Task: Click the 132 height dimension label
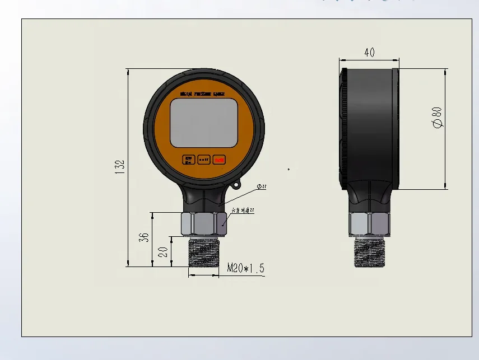pos(119,167)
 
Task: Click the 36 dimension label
pos(143,237)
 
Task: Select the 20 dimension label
pos(163,251)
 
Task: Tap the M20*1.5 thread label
pos(245,269)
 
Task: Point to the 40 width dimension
pos(369,52)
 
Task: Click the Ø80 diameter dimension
pos(438,118)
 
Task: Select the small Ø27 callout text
pos(262,186)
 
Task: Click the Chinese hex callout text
pos(243,211)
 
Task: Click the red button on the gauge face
pos(220,160)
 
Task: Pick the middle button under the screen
pos(204,160)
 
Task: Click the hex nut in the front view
pos(203,224)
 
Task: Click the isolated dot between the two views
pos(289,169)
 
